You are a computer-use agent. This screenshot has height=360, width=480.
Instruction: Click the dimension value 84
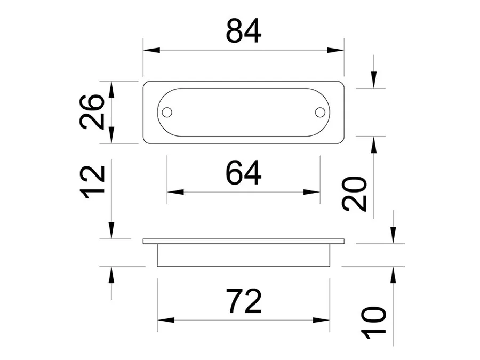[x=244, y=30]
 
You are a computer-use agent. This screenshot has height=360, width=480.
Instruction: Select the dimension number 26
[x=92, y=112]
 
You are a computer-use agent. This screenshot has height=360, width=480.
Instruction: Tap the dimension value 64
[x=244, y=173]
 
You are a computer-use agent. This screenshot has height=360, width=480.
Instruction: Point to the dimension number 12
[x=92, y=182]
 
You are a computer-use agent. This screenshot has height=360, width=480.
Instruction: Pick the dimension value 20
[x=355, y=194]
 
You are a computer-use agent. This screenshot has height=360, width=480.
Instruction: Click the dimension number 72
[x=244, y=301]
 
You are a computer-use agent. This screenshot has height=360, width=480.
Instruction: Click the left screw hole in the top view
[x=167, y=113]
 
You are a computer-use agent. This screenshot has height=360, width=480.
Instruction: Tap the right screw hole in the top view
[x=320, y=113]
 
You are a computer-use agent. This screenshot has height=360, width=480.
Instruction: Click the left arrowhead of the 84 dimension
[x=151, y=50]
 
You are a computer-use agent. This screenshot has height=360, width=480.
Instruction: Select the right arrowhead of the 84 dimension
[x=335, y=50]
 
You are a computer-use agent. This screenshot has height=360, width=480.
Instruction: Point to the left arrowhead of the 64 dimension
[x=175, y=192]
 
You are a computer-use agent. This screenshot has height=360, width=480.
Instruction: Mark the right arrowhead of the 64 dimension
[x=311, y=192]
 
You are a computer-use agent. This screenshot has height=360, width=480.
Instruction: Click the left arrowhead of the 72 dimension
[x=166, y=320]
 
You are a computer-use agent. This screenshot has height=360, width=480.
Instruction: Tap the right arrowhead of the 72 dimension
[x=322, y=320]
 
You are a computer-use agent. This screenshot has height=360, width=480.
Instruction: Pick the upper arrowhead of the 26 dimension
[x=111, y=90]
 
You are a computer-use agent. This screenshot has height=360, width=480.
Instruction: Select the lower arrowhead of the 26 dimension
[x=111, y=135]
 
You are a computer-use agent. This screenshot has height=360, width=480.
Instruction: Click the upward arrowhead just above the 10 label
[x=394, y=275]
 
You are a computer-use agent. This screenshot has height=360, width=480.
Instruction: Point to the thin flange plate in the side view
[x=244, y=241]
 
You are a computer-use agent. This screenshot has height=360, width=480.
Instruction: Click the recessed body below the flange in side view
[x=244, y=255]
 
